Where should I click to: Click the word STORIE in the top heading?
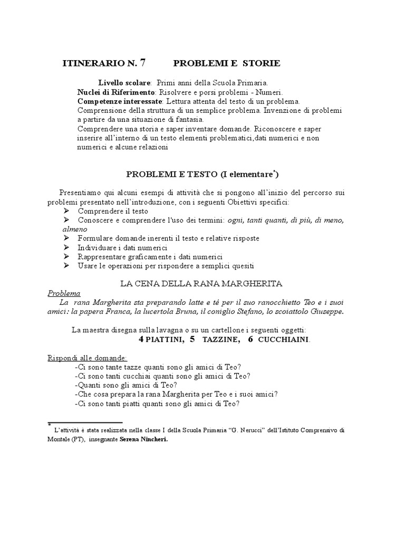[x=262, y=64]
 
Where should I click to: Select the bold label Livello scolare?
[x=124, y=83]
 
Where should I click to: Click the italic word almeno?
[x=75, y=229]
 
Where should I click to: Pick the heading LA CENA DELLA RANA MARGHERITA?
[x=201, y=284]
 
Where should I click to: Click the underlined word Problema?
[x=63, y=293]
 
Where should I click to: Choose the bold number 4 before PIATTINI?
[x=141, y=339]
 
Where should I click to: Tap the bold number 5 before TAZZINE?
[x=192, y=339]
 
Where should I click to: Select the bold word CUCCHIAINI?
[x=284, y=340]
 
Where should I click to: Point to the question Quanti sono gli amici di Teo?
[x=126, y=385]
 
